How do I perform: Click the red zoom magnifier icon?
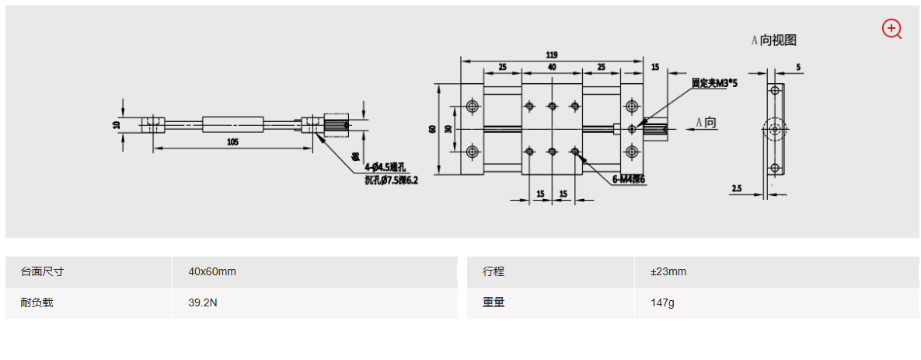[x=891, y=29]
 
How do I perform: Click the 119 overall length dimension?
[x=551, y=55]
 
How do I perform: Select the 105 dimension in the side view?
[x=232, y=142]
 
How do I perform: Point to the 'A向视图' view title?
[x=773, y=40]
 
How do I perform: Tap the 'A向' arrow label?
[x=706, y=122]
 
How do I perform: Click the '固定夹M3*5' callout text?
[x=714, y=82]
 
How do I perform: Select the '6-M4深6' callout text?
[x=629, y=180]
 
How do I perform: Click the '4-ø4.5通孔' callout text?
[x=385, y=166]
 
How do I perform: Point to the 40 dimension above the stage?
[x=551, y=68]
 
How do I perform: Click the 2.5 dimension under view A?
[x=737, y=188]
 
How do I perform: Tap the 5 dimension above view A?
[x=799, y=68]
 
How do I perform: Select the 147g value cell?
[x=662, y=303]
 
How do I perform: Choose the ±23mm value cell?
[x=668, y=271]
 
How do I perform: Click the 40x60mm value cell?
[x=212, y=271]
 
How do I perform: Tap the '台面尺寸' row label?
[x=42, y=271]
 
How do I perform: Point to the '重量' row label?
[x=494, y=303]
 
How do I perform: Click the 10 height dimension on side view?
[x=117, y=124]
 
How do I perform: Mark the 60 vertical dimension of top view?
[x=431, y=129]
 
